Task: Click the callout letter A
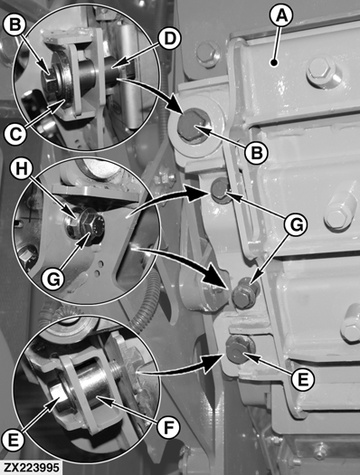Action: (282, 16)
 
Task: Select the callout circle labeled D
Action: (169, 39)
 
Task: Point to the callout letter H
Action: (22, 168)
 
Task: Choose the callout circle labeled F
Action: (168, 427)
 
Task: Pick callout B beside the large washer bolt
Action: (257, 153)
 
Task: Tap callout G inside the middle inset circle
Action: (53, 279)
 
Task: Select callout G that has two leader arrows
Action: (296, 225)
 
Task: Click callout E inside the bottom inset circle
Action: (13, 440)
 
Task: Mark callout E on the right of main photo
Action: (303, 379)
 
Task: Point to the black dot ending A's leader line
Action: (274, 63)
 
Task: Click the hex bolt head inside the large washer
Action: (192, 124)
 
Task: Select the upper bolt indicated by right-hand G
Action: (220, 191)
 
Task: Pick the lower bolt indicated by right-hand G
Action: (245, 293)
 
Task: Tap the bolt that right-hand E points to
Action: (240, 349)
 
